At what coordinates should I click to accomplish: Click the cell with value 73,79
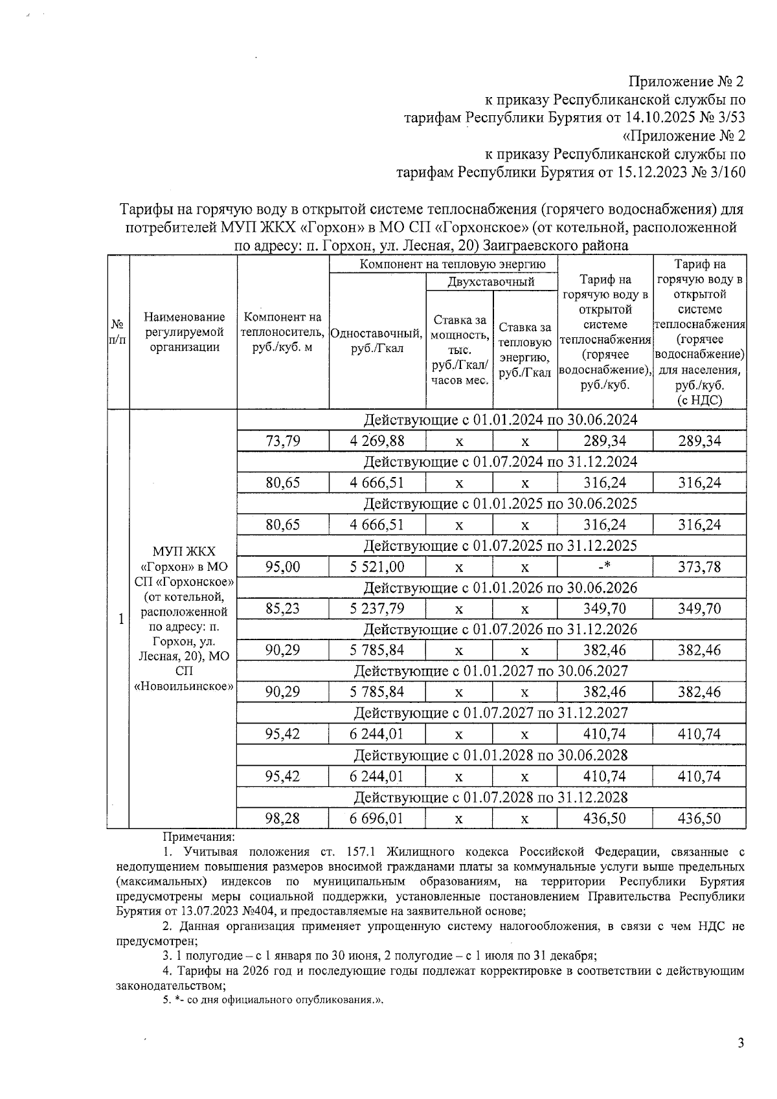(283, 441)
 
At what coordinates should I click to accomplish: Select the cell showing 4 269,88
(377, 441)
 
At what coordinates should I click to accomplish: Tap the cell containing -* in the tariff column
(604, 567)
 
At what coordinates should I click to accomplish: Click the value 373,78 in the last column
(699, 567)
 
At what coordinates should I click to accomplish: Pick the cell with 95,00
(283, 567)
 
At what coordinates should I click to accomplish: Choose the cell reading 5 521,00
(377, 567)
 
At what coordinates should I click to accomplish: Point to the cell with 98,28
(283, 818)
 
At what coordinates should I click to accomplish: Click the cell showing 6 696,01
(377, 818)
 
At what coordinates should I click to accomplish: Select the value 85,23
(283, 608)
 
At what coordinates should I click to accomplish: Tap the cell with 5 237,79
(377, 608)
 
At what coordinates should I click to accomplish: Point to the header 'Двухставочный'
(491, 282)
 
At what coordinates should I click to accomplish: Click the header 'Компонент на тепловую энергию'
(444, 264)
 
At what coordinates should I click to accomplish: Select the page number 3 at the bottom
(741, 1043)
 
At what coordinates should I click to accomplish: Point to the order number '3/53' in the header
(729, 118)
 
